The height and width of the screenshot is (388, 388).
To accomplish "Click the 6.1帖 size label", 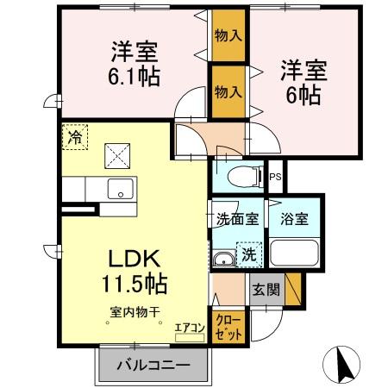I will (134, 76).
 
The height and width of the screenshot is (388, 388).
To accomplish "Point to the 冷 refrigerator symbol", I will (75, 136).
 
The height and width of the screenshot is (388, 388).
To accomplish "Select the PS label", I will (276, 178).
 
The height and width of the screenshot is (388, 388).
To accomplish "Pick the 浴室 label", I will (293, 219).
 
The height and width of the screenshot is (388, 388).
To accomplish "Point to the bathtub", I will (293, 253).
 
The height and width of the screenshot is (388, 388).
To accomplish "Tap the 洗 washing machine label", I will (248, 254).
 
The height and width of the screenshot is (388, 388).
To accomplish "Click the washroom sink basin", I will (224, 259).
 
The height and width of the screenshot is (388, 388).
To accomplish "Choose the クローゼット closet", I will (229, 325).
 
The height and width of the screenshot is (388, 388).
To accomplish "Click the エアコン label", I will (189, 328).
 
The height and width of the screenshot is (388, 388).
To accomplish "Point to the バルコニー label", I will (153, 365).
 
